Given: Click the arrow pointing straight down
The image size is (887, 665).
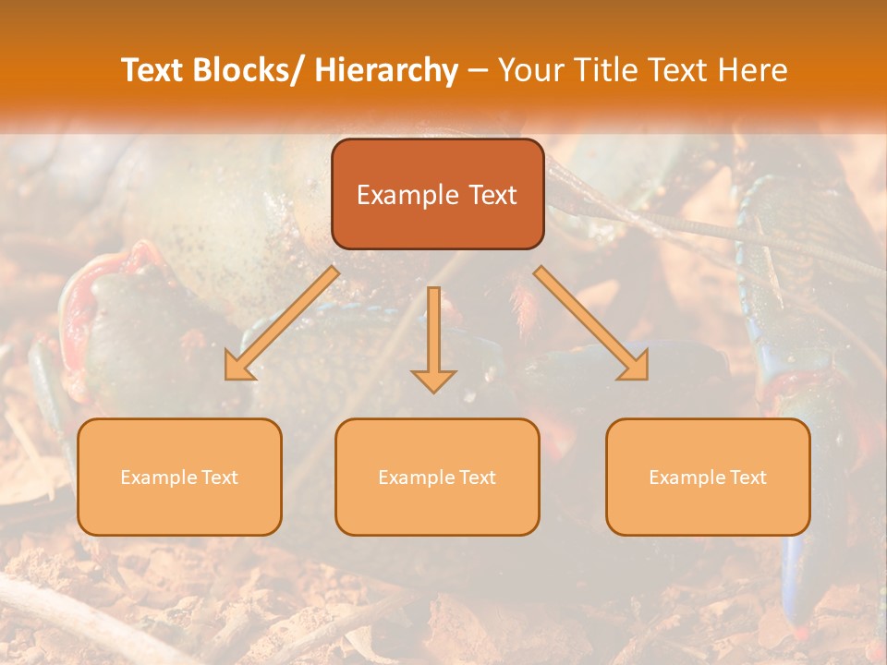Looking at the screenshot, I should (x=433, y=342).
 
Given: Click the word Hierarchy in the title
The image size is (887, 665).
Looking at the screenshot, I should (x=386, y=70).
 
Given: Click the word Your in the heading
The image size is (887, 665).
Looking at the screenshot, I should (x=529, y=70).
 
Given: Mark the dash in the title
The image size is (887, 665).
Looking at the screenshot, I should (x=478, y=71).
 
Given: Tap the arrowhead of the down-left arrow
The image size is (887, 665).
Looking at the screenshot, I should (x=237, y=369).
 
